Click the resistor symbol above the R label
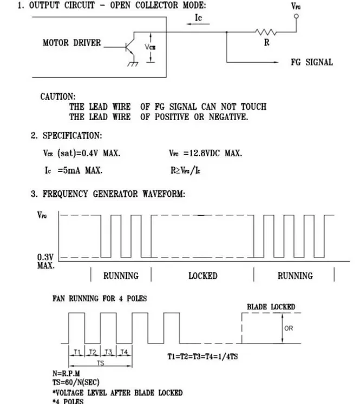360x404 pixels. point(266,32)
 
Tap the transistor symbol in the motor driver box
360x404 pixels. point(130,47)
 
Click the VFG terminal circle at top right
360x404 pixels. point(296,16)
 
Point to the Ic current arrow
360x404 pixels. point(198,24)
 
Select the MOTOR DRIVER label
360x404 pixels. point(71,43)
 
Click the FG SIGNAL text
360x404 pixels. point(312,62)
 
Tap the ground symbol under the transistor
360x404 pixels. point(133,64)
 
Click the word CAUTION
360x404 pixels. point(58,97)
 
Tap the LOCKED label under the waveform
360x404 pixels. point(203,276)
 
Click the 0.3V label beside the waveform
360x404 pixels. point(45,257)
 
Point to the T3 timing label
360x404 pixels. point(109,352)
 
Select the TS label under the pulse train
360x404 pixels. point(101,363)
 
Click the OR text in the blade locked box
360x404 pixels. point(289,328)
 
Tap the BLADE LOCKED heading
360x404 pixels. point(271,307)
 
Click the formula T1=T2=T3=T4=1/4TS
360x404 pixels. point(202,356)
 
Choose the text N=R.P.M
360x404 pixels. point(66,374)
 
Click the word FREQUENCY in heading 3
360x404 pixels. point(66,194)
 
